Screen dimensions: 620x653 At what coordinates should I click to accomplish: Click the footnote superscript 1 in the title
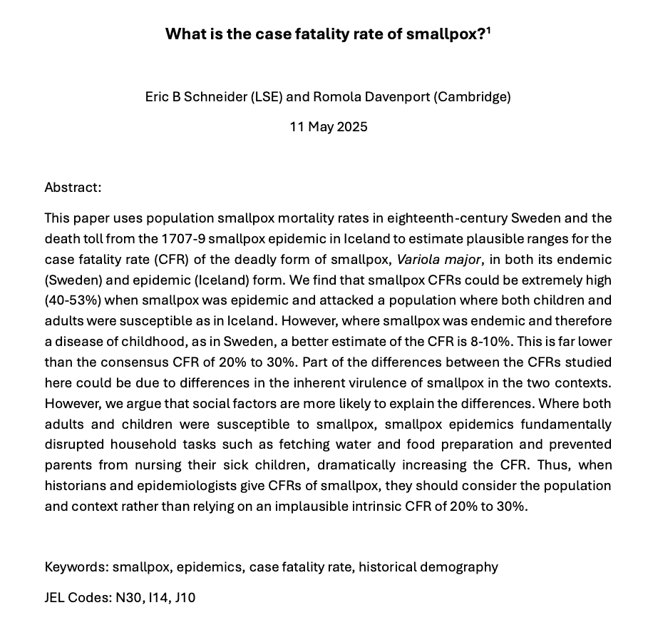488,30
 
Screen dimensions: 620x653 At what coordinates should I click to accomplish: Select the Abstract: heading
73,188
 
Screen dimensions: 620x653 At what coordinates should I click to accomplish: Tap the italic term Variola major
437,260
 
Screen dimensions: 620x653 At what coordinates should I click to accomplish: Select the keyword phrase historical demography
428,567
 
